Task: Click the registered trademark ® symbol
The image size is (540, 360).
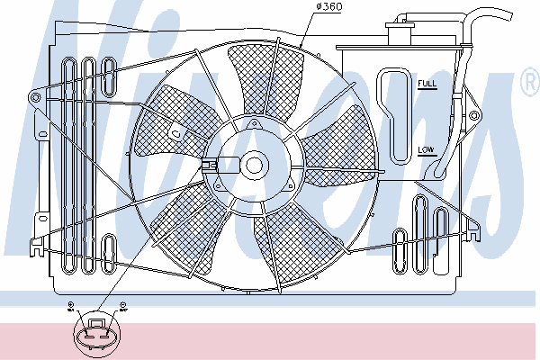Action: click(x=529, y=85)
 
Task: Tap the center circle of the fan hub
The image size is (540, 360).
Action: click(x=254, y=165)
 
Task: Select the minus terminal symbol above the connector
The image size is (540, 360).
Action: click(x=122, y=305)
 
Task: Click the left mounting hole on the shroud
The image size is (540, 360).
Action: click(x=35, y=94)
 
